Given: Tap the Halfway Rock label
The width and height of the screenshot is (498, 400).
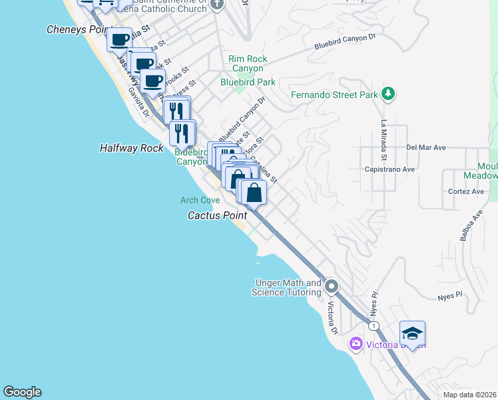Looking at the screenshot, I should (x=131, y=148).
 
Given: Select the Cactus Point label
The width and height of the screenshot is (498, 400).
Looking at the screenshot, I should (x=218, y=215).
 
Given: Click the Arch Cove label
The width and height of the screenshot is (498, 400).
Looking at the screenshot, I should (x=200, y=200).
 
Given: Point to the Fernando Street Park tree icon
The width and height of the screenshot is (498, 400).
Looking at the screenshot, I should (x=389, y=95).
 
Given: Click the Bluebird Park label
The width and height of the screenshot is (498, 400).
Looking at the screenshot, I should (x=248, y=82).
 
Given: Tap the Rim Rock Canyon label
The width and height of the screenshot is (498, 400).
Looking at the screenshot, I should (x=248, y=63).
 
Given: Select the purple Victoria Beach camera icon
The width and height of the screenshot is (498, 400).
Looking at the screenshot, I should (x=356, y=344).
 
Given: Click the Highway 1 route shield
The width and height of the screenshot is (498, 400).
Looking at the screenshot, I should (x=375, y=325).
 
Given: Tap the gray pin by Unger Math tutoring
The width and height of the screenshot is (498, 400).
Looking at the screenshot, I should (x=332, y=287).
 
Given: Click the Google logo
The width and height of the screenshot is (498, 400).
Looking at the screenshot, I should (x=22, y=392).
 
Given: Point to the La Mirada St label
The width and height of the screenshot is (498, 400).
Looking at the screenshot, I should (x=384, y=141).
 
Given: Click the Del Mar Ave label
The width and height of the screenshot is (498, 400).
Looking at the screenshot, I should (x=424, y=147).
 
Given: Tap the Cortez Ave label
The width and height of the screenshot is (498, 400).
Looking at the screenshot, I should (x=465, y=191).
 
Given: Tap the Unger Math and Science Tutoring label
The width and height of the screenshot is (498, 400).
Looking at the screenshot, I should (x=286, y=288).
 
